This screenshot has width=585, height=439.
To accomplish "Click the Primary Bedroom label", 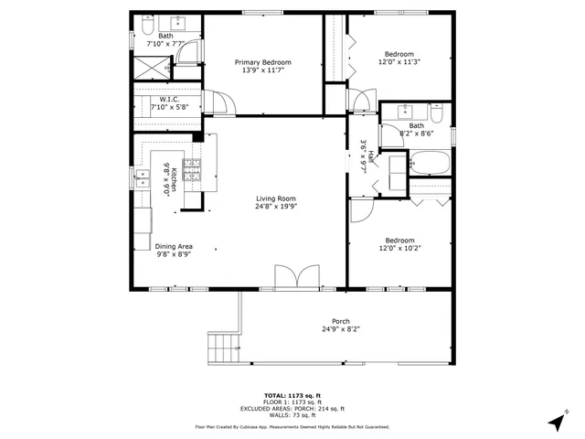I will (262, 61).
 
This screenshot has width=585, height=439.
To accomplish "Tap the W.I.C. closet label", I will (168, 99).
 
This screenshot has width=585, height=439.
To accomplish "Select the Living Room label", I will (275, 198).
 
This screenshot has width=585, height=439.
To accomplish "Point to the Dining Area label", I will (173, 246).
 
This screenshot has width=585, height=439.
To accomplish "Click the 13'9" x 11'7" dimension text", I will (262, 70).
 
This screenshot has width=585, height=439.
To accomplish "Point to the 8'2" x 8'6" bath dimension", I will (416, 134).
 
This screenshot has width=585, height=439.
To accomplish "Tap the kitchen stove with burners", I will (192, 168).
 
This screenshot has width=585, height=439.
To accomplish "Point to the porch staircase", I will (224, 347).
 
